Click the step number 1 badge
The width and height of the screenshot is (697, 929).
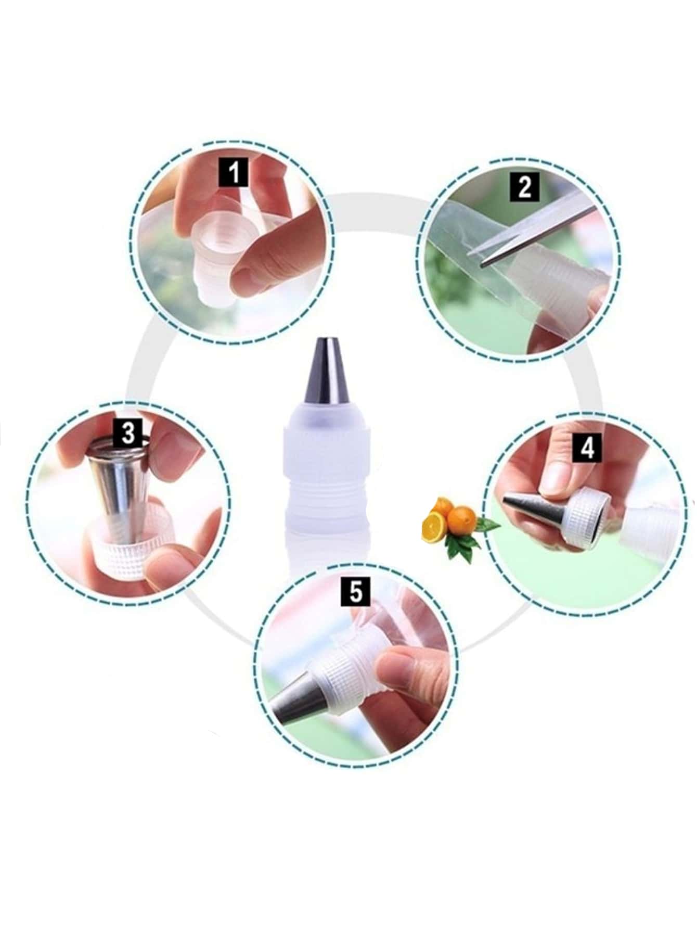click(x=235, y=172)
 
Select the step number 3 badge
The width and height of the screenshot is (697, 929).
click(x=127, y=434)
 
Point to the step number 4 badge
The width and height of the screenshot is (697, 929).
click(x=587, y=448)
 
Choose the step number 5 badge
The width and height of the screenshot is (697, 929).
click(x=356, y=592)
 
